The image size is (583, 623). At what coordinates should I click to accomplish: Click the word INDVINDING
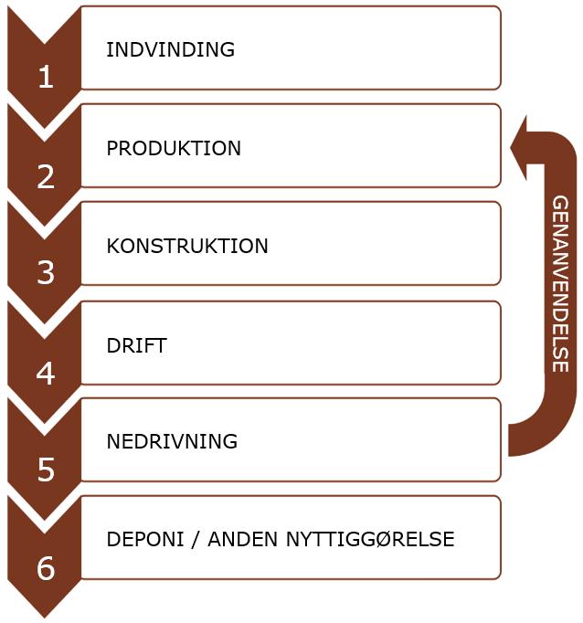coord(170,49)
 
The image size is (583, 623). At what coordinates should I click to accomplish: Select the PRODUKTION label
coord(174,148)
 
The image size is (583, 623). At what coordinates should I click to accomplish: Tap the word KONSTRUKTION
coord(187,246)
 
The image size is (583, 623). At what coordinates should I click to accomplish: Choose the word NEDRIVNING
coord(172,441)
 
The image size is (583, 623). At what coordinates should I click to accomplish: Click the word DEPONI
coord(142,539)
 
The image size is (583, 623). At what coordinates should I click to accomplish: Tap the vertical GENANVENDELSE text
coord(560,283)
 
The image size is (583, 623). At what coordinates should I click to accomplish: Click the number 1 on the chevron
coord(46,78)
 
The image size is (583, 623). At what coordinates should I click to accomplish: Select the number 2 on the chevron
coord(46,176)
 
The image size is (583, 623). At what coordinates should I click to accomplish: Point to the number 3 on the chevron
coord(46,274)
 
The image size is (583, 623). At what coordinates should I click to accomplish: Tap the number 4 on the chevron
coord(46,373)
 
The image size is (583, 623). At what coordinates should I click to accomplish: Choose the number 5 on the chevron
coord(46,470)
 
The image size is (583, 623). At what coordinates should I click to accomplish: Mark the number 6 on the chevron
coord(46,568)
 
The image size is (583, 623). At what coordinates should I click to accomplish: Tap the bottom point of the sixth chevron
coord(44,614)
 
